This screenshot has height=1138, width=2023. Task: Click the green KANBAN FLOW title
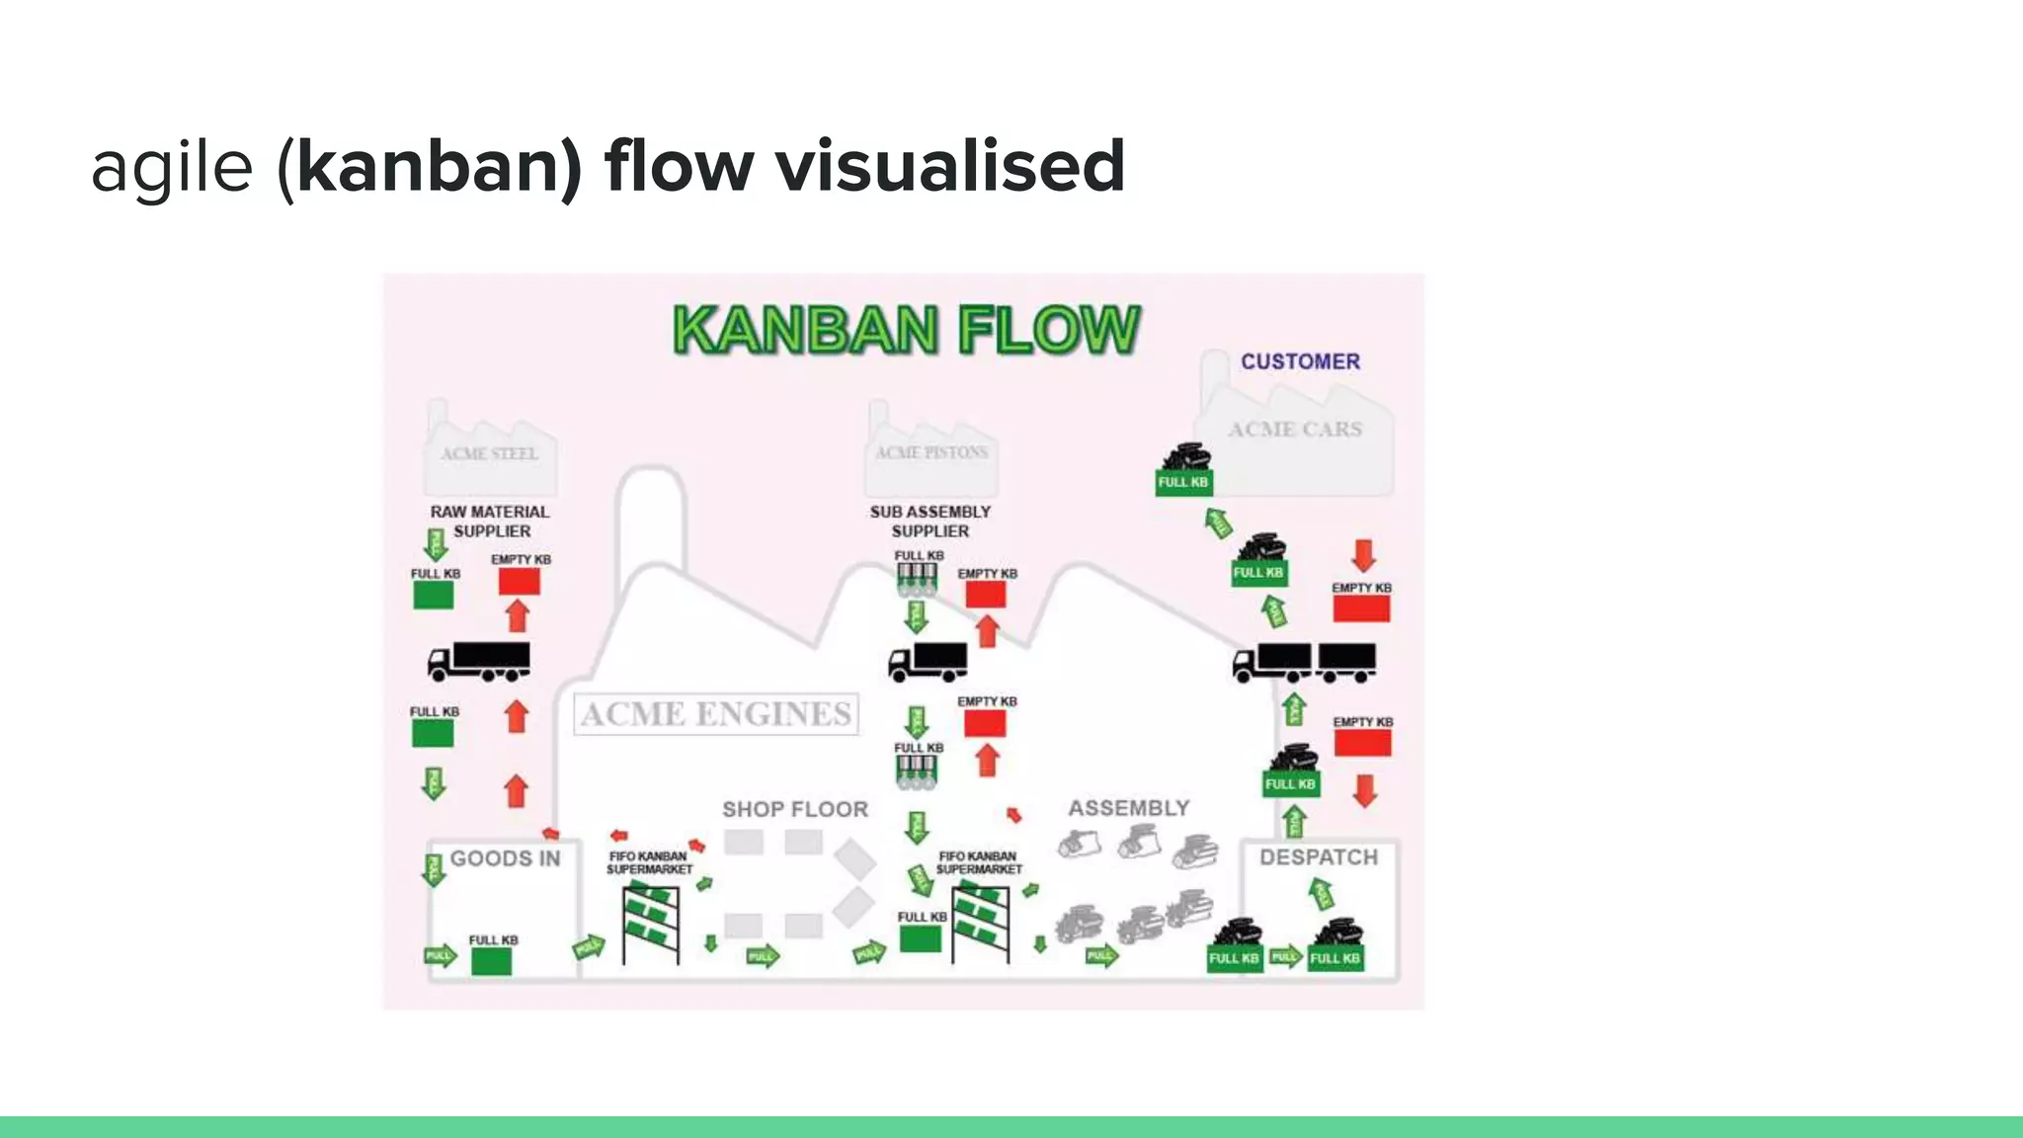click(906, 330)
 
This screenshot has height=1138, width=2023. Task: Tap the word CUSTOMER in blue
click(1300, 362)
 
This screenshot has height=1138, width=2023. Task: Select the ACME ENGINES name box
click(716, 713)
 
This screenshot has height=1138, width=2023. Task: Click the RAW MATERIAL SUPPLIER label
click(490, 521)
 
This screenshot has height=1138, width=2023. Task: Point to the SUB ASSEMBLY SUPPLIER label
click(930, 521)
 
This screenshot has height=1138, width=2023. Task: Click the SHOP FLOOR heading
click(795, 809)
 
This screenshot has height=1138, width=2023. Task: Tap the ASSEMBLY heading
click(1129, 808)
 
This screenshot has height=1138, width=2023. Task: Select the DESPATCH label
click(1318, 856)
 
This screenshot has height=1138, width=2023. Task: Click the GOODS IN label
click(505, 858)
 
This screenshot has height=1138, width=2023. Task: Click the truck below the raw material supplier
click(479, 661)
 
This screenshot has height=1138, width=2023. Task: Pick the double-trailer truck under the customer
click(1304, 662)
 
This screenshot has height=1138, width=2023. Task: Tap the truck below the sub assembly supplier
click(928, 661)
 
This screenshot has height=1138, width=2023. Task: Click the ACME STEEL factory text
click(489, 453)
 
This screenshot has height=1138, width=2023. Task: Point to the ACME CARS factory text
click(1295, 429)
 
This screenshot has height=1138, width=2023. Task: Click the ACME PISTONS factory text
click(931, 452)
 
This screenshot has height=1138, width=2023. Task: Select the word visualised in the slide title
click(950, 166)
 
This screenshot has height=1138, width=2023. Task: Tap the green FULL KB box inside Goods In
click(491, 961)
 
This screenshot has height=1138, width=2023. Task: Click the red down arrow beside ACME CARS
click(1364, 555)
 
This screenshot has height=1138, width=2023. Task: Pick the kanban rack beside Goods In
click(651, 923)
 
